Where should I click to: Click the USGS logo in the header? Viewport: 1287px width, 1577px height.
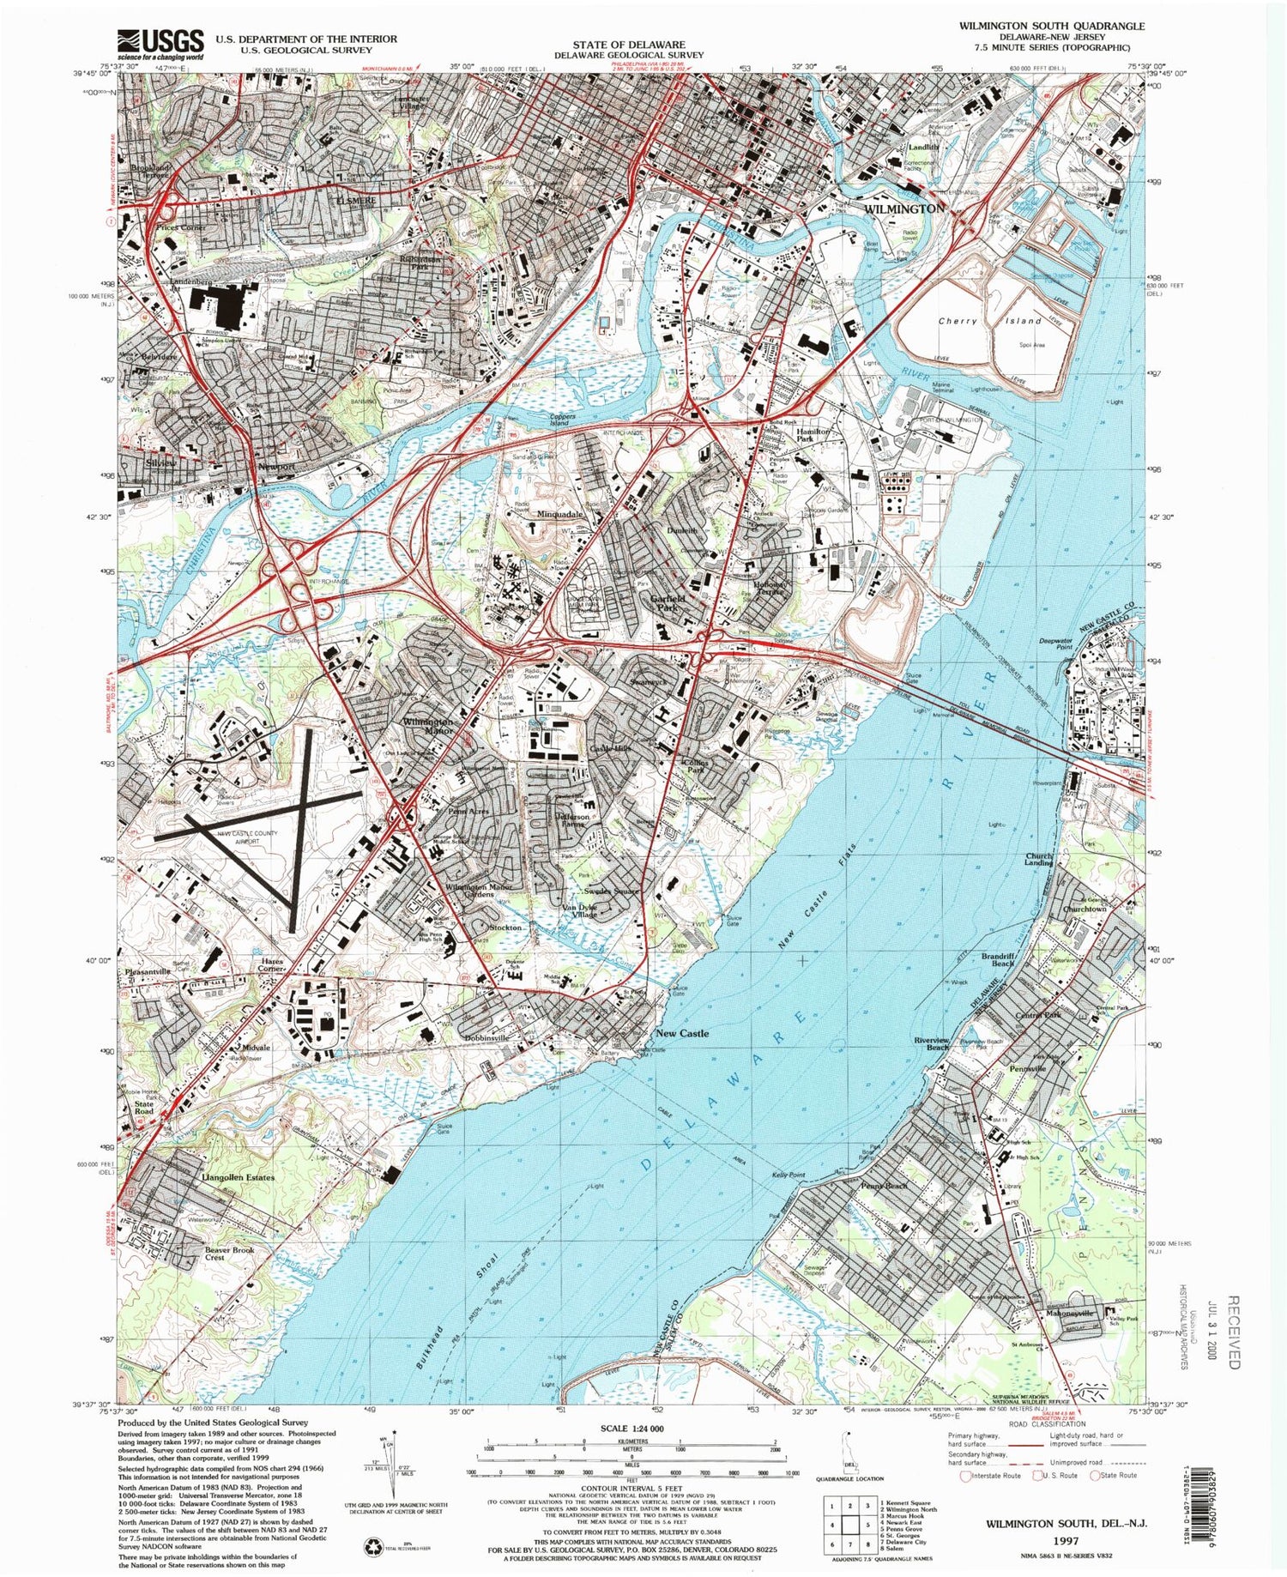coord(160,43)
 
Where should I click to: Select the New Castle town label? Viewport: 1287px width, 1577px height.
coord(681,1033)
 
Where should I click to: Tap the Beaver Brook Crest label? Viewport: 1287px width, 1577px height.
coord(230,1254)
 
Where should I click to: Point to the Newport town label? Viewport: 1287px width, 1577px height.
coord(276,467)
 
